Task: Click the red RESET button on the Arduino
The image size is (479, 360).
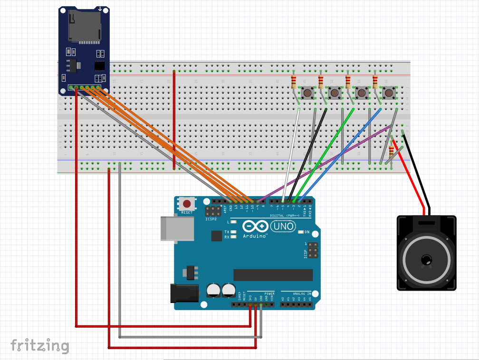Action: pos(187,204)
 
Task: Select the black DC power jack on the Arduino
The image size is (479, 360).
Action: pos(184,293)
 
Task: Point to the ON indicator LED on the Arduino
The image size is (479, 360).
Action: pos(301,232)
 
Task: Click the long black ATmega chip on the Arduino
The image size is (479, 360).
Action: pos(273,275)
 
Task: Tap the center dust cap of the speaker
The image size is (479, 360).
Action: pos(426,259)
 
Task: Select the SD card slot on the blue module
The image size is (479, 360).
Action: pos(84,26)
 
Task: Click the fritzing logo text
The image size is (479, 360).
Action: pos(40,346)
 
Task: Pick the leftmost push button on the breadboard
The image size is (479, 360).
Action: pos(307,93)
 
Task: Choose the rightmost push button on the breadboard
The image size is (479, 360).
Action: pos(389,93)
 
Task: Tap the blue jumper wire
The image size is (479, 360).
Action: pos(342,152)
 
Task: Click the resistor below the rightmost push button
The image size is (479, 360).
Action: pos(391,152)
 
